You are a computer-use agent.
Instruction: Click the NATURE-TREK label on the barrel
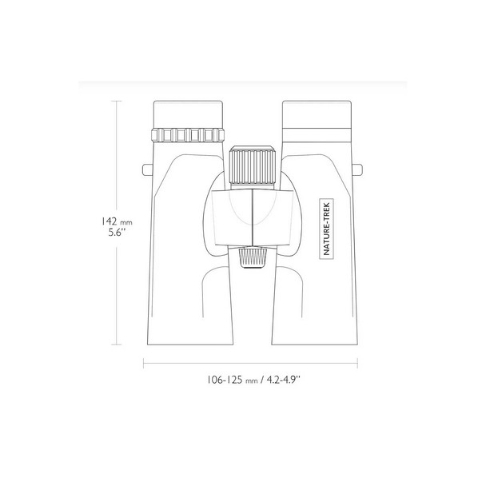click(326, 229)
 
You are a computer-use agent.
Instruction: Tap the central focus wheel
click(253, 166)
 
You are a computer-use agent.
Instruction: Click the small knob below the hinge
click(253, 257)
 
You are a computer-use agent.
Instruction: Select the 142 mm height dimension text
click(117, 222)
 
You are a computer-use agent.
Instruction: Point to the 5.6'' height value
click(118, 233)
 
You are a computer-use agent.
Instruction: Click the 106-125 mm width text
click(233, 380)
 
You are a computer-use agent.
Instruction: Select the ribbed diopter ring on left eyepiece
click(188, 135)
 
